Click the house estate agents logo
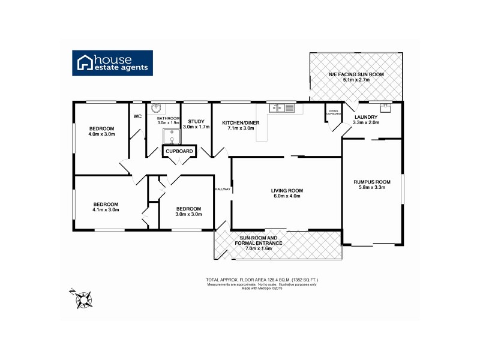[x=113, y=62]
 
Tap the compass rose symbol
[x=82, y=298]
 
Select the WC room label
[x=137, y=116]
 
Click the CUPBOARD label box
[x=180, y=152]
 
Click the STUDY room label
[x=197, y=121]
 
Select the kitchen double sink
[x=281, y=108]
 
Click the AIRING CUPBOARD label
[x=333, y=113]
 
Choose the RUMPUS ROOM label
[x=372, y=182]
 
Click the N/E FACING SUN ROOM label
[x=356, y=74]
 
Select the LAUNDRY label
[x=365, y=117]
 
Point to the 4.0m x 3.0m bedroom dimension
[x=102, y=134]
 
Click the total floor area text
[x=262, y=280]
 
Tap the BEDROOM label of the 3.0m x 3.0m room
[x=188, y=208]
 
